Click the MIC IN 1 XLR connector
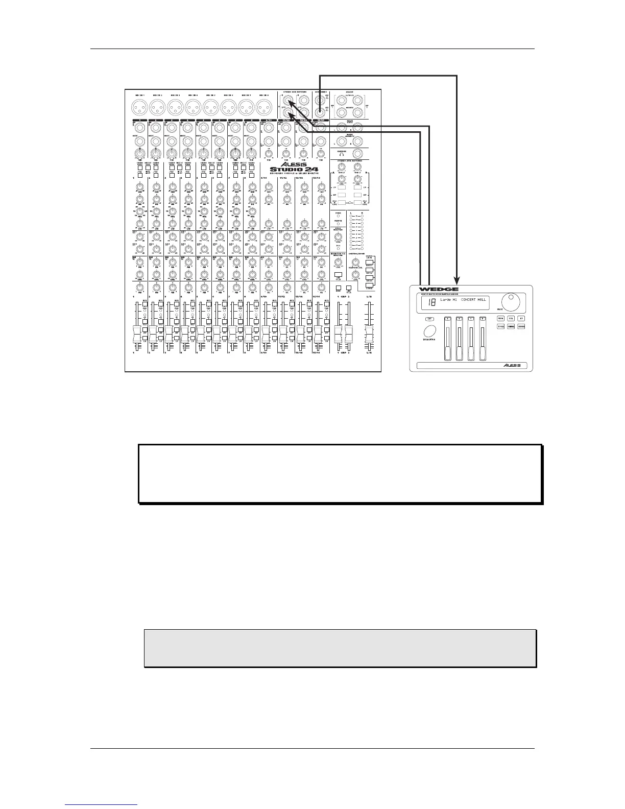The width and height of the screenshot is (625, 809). (139, 107)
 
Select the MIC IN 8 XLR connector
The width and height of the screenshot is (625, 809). (265, 107)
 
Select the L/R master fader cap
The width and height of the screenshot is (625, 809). (369, 338)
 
